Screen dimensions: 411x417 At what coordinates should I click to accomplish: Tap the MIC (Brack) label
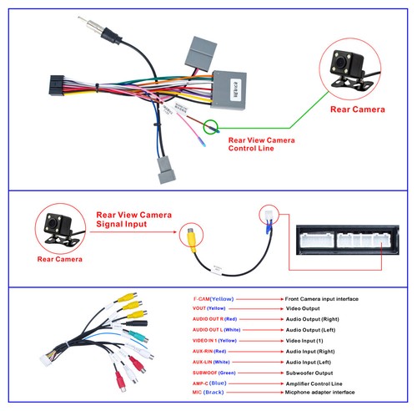[208, 393]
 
